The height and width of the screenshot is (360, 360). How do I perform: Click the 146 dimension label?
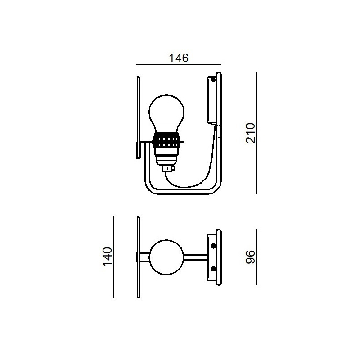[x=179, y=58]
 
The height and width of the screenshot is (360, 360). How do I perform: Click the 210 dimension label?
[x=251, y=133]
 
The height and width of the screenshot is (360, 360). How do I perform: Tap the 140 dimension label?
[x=108, y=257]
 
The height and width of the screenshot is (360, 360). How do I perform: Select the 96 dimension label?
[x=250, y=257]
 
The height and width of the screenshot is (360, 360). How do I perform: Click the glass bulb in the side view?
[x=166, y=115]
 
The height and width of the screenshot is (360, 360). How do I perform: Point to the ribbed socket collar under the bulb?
[x=167, y=140]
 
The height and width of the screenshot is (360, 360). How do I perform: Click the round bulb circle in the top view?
[x=166, y=257]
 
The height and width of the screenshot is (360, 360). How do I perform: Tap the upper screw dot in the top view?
[x=213, y=246]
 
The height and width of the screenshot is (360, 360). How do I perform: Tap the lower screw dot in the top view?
[x=213, y=268]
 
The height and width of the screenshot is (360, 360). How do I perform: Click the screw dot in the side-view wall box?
[x=213, y=81]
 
